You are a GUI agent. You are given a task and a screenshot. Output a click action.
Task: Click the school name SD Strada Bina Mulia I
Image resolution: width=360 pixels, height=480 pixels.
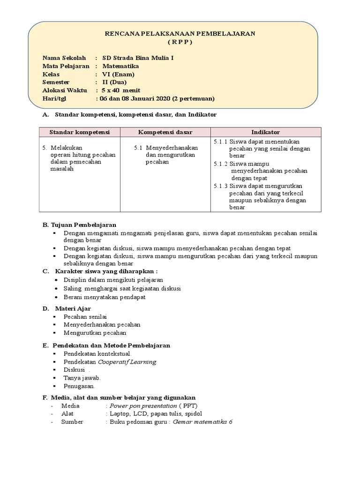point(134,58)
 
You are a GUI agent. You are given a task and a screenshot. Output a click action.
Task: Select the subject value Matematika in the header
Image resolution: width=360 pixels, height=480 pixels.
point(120,66)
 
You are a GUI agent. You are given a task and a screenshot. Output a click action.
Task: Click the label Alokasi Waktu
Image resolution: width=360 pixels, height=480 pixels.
point(64,90)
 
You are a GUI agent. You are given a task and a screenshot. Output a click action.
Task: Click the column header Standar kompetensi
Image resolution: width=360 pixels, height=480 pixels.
point(79,132)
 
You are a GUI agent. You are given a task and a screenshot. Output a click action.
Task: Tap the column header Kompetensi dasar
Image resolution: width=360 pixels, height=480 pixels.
point(165,132)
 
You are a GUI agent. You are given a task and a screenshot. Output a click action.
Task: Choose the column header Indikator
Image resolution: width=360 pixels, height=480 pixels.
point(265,132)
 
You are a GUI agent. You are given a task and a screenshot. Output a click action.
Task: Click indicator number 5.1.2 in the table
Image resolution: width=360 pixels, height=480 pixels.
point(220,164)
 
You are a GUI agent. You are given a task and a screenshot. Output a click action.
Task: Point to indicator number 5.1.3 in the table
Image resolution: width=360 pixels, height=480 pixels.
point(220,186)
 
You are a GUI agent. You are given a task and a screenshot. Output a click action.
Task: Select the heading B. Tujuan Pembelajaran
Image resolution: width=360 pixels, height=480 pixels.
point(79,225)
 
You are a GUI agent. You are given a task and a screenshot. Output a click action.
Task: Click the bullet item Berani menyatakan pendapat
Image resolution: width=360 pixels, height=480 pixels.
point(105,297)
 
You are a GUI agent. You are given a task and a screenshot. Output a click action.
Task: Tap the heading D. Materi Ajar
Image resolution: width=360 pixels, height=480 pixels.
point(70,308)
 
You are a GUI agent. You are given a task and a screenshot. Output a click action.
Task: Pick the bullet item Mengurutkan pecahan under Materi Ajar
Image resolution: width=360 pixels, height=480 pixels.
point(95,333)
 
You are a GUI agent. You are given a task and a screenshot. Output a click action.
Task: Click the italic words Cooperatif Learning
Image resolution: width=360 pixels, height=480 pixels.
point(127,362)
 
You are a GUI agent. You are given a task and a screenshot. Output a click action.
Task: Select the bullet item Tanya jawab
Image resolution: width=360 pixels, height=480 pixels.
point(82,378)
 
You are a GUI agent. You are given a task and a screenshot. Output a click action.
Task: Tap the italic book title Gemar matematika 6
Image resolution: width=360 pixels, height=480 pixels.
point(202,422)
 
